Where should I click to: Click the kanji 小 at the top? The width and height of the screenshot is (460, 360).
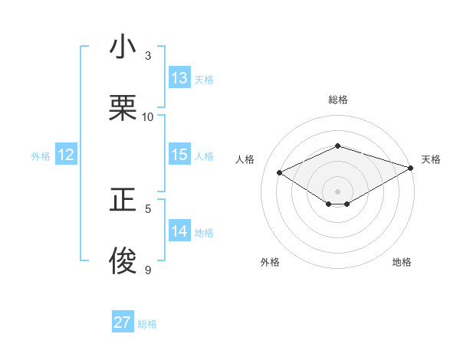(x=123, y=48)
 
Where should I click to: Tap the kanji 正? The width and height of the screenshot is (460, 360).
(x=123, y=200)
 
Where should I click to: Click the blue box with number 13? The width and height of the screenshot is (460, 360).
(x=179, y=78)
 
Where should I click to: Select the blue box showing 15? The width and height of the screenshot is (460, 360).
(x=179, y=155)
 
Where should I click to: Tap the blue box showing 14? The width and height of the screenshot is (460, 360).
(x=179, y=231)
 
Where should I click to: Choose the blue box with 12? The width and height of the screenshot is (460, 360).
(x=66, y=155)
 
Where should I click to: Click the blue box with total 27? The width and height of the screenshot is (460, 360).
(x=123, y=322)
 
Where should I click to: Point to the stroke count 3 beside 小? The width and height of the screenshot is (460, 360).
(x=148, y=56)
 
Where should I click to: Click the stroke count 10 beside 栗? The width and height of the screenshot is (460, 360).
(x=148, y=116)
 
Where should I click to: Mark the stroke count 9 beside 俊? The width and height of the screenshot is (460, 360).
(x=148, y=269)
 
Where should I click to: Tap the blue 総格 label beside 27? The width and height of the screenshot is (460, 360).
(x=147, y=324)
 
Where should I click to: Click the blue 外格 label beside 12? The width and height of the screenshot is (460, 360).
(x=41, y=156)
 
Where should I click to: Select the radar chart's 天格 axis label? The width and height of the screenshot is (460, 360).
(x=431, y=159)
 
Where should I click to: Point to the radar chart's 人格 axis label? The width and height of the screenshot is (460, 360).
(x=245, y=159)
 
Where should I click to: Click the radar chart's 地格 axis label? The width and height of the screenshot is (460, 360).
(x=402, y=262)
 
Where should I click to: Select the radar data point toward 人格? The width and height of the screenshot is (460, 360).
(x=280, y=173)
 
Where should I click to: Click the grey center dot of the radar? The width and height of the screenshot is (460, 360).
(x=337, y=191)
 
